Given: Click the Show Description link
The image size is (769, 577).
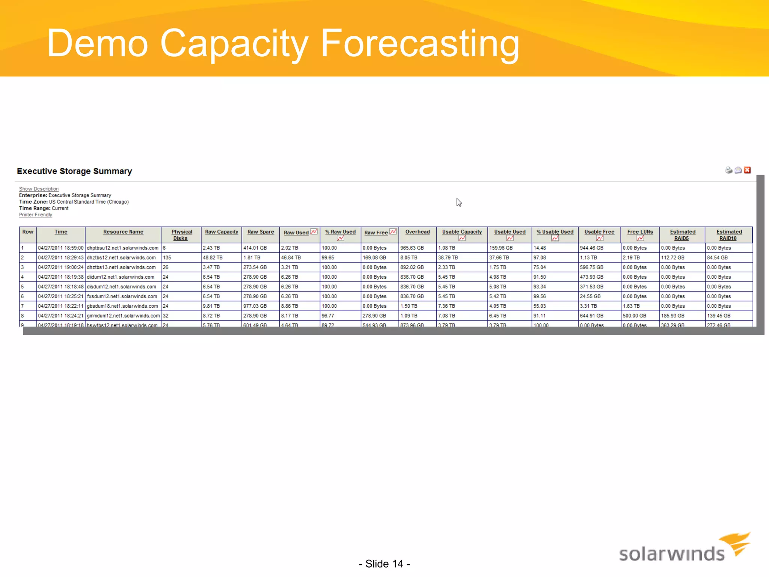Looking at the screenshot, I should (39, 189).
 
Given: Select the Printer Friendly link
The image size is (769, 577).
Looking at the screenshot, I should (36, 215).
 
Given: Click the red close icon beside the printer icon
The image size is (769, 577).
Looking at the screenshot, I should (747, 170).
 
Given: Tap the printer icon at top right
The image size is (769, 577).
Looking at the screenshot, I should (728, 170).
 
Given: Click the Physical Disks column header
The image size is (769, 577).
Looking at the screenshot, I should (182, 235).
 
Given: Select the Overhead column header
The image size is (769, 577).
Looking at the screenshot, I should (417, 232).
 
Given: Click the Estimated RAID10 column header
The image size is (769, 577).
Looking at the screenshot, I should (728, 235).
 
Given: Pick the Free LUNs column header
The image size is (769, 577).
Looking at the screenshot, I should (640, 232).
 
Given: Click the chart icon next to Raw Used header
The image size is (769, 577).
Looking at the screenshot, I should (314, 232).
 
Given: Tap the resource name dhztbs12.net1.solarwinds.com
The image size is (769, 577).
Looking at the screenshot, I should (121, 258).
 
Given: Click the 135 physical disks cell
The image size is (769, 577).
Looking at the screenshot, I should (167, 258).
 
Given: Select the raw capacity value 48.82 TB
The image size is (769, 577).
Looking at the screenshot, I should (213, 258).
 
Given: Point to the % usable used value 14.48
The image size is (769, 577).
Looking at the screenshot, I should (540, 248).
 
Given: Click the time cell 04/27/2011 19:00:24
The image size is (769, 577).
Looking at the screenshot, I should (60, 267).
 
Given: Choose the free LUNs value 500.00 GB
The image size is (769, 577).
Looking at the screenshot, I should (634, 316).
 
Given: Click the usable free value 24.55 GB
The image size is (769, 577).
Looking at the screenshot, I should (590, 296).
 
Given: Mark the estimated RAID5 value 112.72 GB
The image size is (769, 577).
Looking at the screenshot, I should (672, 258).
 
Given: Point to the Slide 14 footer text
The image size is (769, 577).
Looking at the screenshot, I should (384, 564).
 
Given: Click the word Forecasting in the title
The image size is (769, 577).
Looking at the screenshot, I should (420, 44).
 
